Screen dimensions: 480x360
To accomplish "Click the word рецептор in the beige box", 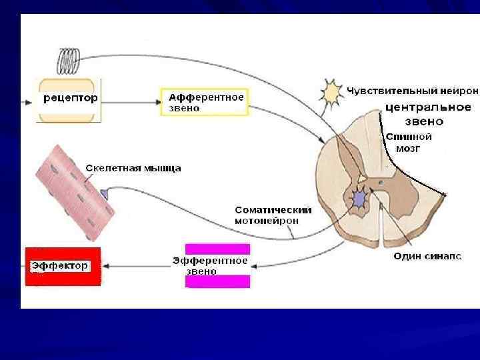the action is tap(70, 99).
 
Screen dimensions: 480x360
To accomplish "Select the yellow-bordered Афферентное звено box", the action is tap(204, 102).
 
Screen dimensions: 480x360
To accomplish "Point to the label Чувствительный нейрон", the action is tap(411, 90).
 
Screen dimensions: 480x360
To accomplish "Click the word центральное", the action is tap(429, 107).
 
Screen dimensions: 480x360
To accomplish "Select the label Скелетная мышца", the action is tap(133, 169).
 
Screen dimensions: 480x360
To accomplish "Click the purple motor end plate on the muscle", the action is tap(104, 193).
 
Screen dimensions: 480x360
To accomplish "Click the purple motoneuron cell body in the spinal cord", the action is tap(359, 199).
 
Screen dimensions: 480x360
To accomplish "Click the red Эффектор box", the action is tap(63, 266).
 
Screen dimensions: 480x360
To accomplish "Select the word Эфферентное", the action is tap(210, 261).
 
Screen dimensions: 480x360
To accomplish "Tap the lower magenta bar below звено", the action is tap(217, 281).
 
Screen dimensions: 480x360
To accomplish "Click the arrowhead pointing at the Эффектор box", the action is tap(107, 266).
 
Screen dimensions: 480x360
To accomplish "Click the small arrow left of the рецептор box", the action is tap(29, 102).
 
